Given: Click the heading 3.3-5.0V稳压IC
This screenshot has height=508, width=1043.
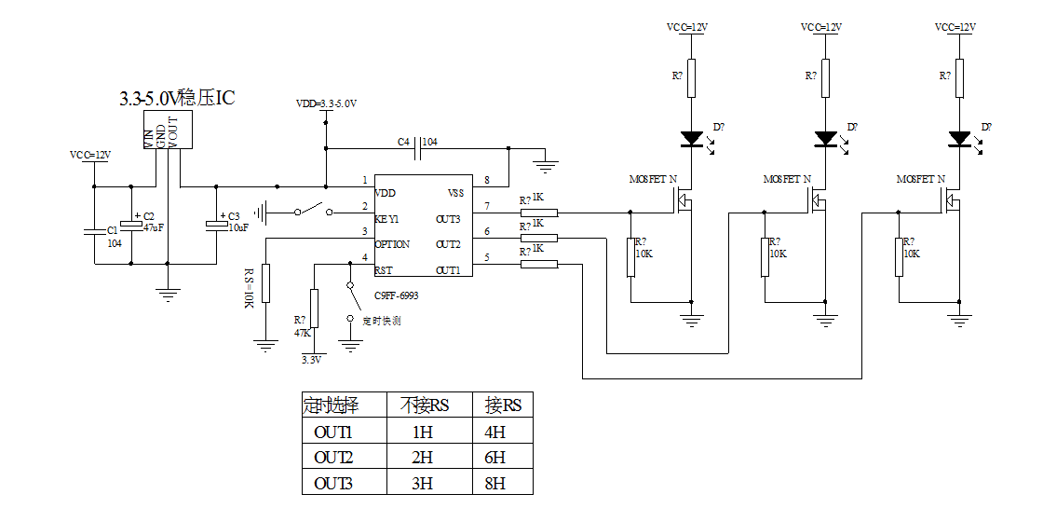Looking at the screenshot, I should pos(177,98).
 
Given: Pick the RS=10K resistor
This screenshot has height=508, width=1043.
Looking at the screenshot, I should pos(265,283).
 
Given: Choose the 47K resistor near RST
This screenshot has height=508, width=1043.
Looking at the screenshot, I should pos(314,309).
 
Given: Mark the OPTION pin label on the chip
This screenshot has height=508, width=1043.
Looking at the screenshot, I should pos(392,244).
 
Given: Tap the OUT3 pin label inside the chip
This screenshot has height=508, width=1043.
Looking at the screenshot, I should pos(448,219).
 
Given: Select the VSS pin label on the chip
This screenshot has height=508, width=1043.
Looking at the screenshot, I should pos(455,193).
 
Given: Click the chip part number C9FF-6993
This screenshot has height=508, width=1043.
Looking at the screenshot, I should pos(397,295).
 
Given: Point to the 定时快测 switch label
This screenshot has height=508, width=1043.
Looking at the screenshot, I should pos(382,321).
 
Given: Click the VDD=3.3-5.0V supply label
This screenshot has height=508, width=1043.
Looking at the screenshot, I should pos(326,103).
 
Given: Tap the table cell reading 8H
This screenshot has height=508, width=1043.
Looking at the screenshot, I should pos(495,483).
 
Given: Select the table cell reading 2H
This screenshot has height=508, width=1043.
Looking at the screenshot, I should pos(423,457).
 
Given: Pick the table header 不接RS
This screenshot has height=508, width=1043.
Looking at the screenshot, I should pos(425,405).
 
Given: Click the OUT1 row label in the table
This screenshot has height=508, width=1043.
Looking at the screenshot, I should pos(333,432).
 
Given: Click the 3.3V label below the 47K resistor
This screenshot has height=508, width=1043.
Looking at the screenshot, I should pos(311,359).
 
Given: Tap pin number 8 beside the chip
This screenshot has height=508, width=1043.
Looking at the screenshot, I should pos(486,180).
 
